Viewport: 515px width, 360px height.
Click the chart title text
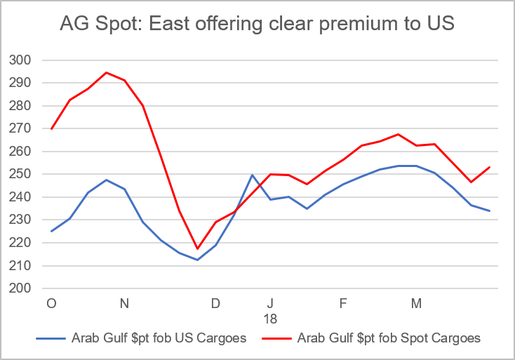pos(257,25)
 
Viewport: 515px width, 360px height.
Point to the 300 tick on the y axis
pos(22,60)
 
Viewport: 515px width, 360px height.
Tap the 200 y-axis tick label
pos(22,288)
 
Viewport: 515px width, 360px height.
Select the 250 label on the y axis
pos(22,174)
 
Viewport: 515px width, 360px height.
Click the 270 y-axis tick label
pos(22,128)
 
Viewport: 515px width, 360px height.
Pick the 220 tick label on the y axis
pos(22,243)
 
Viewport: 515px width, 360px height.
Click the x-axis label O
pos(51,304)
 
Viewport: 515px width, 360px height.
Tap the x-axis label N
pos(124,304)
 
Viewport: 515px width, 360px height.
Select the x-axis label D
pos(215,304)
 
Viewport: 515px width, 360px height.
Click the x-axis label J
pos(270,304)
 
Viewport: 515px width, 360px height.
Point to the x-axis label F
pos(343,304)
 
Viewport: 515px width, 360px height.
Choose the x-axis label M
pos(416,304)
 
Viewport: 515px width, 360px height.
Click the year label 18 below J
pos(270,318)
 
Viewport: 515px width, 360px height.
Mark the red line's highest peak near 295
pos(106,72)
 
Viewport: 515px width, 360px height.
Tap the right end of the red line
pos(489,167)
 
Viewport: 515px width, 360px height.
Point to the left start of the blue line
pos(51,232)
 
